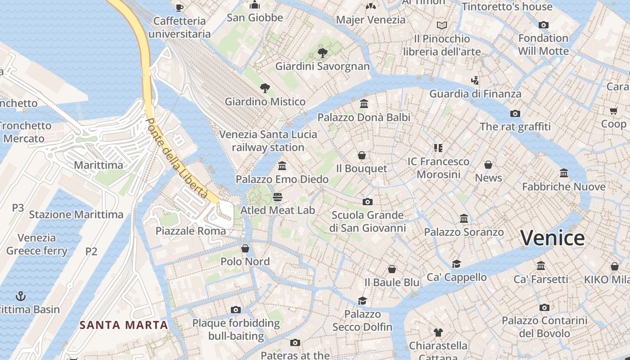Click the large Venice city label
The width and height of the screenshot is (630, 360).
pyautogui.click(x=553, y=238)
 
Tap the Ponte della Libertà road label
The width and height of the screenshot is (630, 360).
pyautogui.click(x=177, y=158)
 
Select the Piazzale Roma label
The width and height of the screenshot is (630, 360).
pyautogui.click(x=191, y=231)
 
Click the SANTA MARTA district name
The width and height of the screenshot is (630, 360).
pyautogui.click(x=124, y=325)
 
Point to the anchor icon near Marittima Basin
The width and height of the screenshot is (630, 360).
pyautogui.click(x=21, y=296)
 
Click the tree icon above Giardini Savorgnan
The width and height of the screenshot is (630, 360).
pyautogui.click(x=322, y=53)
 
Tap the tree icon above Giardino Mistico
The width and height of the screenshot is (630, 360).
pyautogui.click(x=265, y=88)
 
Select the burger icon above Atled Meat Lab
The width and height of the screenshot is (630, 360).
pyautogui.click(x=278, y=197)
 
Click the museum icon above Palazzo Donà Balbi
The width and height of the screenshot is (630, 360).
pyautogui.click(x=364, y=104)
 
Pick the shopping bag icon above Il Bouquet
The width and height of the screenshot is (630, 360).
pyautogui.click(x=361, y=155)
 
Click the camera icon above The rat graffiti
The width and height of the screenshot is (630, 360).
pyautogui.click(x=515, y=113)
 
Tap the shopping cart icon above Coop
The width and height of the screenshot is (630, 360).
pyautogui.click(x=613, y=111)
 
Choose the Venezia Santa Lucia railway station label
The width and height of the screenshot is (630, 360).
pyautogui.click(x=268, y=141)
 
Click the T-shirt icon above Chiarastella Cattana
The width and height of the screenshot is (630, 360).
pyautogui.click(x=438, y=333)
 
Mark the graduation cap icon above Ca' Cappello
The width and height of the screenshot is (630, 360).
pyautogui.click(x=456, y=264)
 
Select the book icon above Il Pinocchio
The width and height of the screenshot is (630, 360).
pyautogui.click(x=442, y=25)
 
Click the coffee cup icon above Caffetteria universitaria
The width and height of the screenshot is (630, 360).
pyautogui.click(x=180, y=7)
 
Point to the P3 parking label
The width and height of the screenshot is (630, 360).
pyautogui.click(x=18, y=208)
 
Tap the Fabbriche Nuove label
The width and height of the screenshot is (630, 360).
pyautogui.click(x=563, y=186)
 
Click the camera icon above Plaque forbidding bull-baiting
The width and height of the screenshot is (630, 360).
pyautogui.click(x=235, y=310)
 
